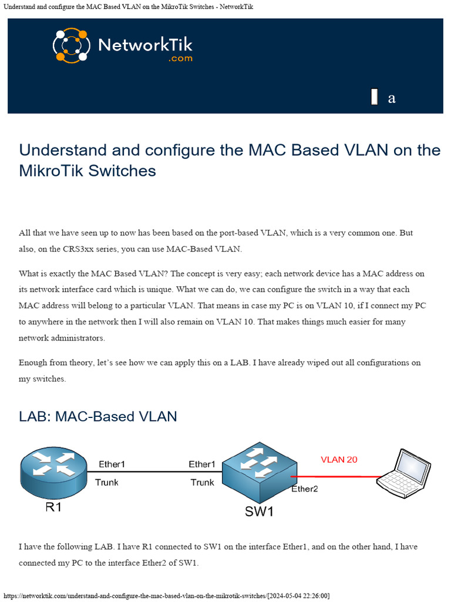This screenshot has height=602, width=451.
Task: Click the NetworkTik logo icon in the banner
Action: (70, 45)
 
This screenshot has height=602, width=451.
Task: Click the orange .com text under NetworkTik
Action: (180, 59)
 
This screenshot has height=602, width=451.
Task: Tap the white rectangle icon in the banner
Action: (374, 97)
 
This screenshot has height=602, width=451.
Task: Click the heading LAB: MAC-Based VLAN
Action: (97, 417)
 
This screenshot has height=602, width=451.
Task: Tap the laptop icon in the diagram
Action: (403, 471)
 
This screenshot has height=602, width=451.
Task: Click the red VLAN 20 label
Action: (339, 460)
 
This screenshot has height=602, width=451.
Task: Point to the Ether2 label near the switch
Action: (304, 489)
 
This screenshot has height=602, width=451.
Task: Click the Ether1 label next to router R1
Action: (112, 464)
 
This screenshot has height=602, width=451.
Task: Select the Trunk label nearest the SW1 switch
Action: (202, 483)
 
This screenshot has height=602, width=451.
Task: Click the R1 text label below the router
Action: (53, 506)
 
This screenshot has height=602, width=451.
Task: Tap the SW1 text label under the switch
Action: (259, 511)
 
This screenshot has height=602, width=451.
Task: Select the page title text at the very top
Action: (127, 6)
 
